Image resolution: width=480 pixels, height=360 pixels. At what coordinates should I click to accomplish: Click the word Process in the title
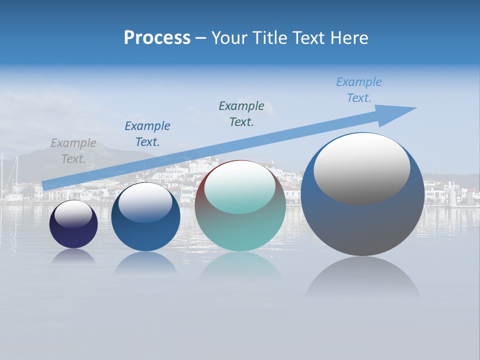click(x=157, y=38)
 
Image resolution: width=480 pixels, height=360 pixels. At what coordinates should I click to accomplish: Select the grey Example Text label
click(x=73, y=151)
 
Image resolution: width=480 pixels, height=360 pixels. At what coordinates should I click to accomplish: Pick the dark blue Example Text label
click(x=147, y=134)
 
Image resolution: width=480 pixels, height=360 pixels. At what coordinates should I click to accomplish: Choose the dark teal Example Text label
click(x=241, y=114)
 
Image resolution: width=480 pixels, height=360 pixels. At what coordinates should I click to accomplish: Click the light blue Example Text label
click(x=359, y=90)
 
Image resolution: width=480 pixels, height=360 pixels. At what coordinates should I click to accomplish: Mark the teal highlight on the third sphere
click(x=239, y=187)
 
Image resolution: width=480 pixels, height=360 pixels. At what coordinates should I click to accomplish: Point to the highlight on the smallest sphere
click(x=73, y=214)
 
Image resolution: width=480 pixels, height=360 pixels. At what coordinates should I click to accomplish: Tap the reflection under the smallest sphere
click(x=73, y=256)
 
